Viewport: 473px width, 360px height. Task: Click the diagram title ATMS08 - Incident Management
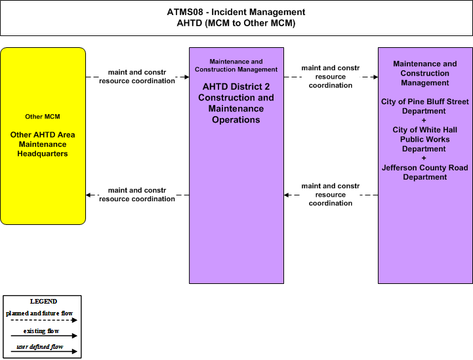click(x=236, y=12)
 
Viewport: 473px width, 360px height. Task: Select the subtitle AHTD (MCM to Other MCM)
click(x=236, y=23)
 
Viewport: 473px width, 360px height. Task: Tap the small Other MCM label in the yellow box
click(x=43, y=117)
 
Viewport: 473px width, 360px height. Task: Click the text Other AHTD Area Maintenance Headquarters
click(x=43, y=144)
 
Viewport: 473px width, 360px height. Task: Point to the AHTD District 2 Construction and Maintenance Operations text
click(x=236, y=103)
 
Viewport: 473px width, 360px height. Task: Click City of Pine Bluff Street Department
click(x=424, y=106)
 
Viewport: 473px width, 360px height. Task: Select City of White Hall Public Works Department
click(x=424, y=139)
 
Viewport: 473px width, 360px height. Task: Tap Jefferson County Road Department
click(x=424, y=172)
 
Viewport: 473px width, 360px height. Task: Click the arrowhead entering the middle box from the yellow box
click(x=187, y=77)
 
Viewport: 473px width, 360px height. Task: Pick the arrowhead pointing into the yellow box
click(x=89, y=195)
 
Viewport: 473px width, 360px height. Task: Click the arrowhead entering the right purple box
click(x=375, y=77)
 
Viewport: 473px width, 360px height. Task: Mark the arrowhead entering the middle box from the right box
click(x=287, y=195)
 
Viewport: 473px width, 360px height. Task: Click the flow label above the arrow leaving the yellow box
click(x=137, y=77)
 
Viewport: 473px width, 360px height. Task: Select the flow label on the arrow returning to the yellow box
click(x=137, y=195)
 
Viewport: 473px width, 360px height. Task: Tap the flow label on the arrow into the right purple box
click(x=331, y=77)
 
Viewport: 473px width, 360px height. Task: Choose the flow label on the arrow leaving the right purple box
click(x=331, y=195)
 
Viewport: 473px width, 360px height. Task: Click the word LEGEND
click(x=43, y=302)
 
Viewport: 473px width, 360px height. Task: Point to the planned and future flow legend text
click(x=39, y=313)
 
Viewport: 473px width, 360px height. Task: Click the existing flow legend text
click(x=41, y=331)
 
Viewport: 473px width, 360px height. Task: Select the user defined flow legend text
click(x=40, y=347)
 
